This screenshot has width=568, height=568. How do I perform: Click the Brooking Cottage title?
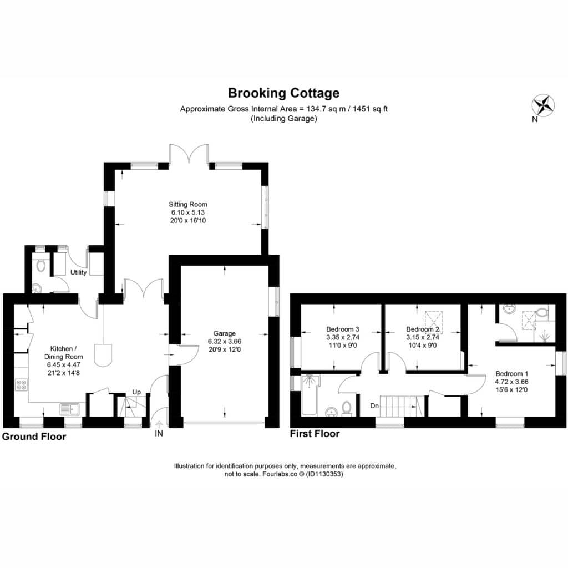283,93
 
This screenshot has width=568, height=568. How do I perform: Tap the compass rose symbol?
543,106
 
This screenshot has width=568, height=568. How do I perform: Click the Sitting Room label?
188,204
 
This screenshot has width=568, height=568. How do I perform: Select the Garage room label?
225,333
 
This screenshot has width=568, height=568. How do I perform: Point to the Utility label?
78,272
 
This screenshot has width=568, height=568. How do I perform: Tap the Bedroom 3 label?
343,329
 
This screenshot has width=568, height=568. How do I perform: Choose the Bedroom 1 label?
511,373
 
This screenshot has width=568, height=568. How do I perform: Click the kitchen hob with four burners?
22,384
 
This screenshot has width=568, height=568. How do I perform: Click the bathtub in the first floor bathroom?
310,395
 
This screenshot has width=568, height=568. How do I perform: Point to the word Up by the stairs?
136,392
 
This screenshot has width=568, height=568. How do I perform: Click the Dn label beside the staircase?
374,405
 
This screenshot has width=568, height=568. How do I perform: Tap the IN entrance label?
159,433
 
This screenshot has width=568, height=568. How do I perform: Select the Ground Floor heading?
34,437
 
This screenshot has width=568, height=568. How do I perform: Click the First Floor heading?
315,434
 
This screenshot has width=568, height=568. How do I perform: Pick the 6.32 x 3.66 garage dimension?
225,341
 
